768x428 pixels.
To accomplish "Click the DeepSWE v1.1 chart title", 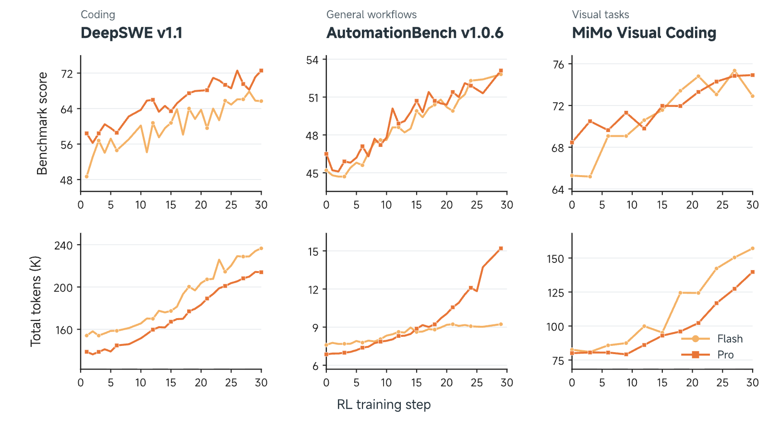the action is (132, 33).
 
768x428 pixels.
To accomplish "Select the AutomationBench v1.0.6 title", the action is (415, 33).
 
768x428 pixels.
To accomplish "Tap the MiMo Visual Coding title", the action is (644, 33).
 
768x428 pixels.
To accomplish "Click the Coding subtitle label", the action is (98, 15).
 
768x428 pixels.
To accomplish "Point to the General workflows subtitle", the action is (372, 15).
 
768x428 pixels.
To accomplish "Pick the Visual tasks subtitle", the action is (600, 15).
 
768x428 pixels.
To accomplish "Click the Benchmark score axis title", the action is (42, 123).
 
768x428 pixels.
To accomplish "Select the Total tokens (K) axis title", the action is (36, 301).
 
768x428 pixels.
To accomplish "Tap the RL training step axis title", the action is (384, 404).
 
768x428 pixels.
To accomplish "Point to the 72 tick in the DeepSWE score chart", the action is (67, 74).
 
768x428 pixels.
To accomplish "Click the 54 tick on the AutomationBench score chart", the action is (312, 60).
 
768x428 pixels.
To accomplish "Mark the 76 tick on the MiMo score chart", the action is (558, 64).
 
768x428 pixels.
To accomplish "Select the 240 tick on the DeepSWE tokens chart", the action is (63, 246).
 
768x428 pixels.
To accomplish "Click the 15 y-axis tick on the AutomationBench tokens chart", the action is (313, 251).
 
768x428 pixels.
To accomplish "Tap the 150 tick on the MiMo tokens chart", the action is (555, 259).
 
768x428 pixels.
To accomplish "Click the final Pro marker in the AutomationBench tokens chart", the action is (501, 249).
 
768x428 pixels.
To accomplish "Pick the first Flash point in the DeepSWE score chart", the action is (87, 177).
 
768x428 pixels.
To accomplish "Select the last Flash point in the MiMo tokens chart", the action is (753, 249).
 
